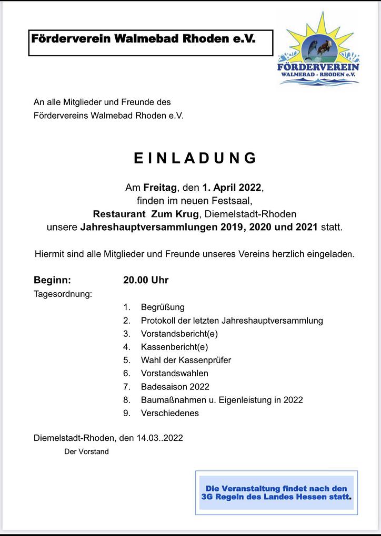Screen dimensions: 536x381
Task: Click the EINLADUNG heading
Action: click(195, 158)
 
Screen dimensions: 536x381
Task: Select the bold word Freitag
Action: click(160, 187)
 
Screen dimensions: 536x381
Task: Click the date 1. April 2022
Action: click(232, 187)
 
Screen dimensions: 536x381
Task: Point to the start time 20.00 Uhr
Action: click(146, 280)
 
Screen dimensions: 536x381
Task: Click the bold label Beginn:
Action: click(52, 280)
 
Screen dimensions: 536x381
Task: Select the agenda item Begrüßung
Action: click(163, 307)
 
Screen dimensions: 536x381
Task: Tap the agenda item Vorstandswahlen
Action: click(174, 373)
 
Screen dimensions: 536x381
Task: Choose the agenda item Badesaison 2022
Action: click(175, 387)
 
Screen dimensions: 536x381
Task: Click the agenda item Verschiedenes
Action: click(169, 413)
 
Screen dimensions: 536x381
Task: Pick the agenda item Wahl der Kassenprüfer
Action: click(186, 360)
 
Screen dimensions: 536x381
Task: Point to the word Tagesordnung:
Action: click(63, 294)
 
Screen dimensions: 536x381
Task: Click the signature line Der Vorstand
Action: click(86, 451)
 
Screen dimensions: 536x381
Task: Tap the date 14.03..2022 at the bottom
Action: click(158, 438)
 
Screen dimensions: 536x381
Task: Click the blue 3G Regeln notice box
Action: click(276, 492)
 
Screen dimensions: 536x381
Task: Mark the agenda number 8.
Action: click(126, 400)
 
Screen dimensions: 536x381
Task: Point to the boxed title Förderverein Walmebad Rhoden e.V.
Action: click(144, 39)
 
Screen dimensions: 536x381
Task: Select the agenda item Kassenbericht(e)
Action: click(174, 347)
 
